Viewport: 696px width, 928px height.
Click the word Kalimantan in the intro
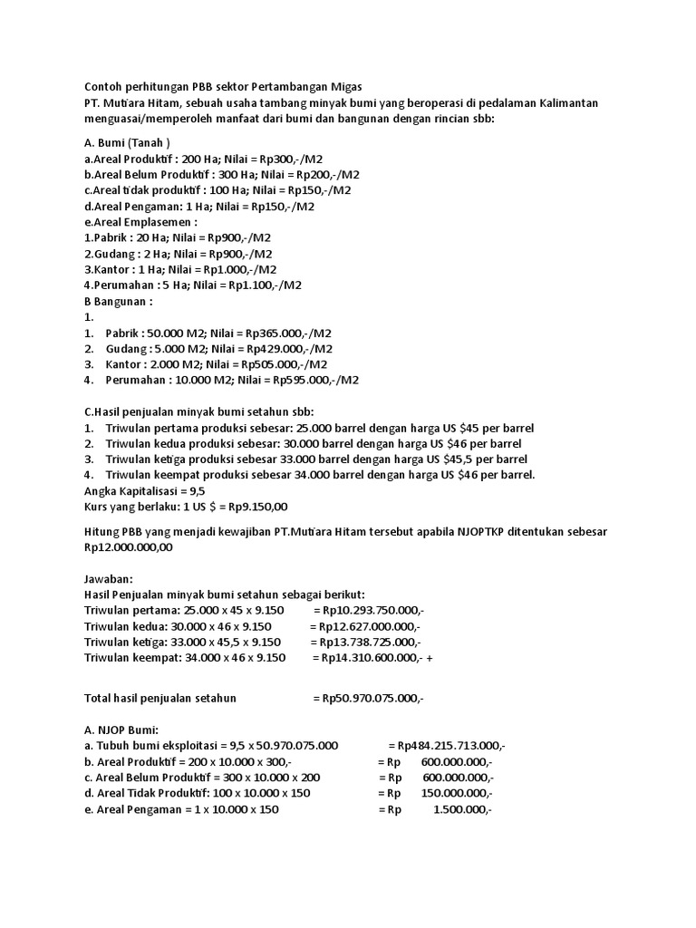(563, 103)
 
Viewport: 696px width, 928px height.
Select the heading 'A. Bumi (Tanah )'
(127, 142)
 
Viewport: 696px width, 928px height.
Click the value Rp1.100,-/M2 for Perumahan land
(270, 285)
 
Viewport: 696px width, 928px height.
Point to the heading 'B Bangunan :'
(119, 301)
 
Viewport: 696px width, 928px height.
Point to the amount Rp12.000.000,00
(128, 546)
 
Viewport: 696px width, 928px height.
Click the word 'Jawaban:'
(108, 578)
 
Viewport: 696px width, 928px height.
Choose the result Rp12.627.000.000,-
(364, 626)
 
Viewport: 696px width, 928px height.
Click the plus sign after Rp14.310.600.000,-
(429, 658)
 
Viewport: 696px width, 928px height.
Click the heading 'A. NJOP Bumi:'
(121, 730)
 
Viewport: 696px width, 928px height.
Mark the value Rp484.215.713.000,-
(447, 745)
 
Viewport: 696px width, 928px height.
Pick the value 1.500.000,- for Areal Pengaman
(462, 808)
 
